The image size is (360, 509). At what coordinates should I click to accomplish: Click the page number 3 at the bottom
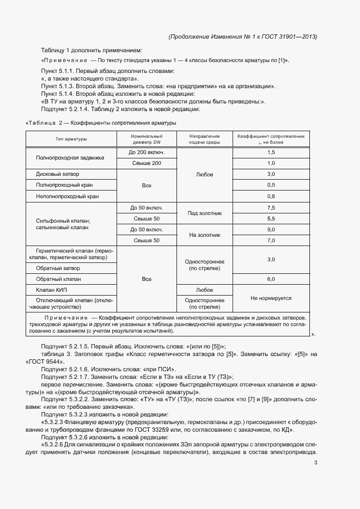pyautogui.click(x=315, y=463)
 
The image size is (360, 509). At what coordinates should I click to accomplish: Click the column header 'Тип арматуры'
pyautogui.click(x=71, y=139)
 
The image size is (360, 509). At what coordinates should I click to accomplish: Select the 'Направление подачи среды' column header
pyautogui.click(x=204, y=139)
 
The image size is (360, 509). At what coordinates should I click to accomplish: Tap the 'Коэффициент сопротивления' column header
pyautogui.click(x=271, y=139)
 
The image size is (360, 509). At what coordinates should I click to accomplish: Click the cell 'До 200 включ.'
pyautogui.click(x=147, y=152)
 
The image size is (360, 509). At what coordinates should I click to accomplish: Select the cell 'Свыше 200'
pyautogui.click(x=147, y=163)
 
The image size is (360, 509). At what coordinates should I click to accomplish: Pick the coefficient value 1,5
pyautogui.click(x=271, y=152)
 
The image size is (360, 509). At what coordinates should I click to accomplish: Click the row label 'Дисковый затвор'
pyautogui.click(x=58, y=175)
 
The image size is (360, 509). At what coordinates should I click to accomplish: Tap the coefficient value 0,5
pyautogui.click(x=271, y=185)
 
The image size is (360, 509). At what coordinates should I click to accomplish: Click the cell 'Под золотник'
pyautogui.click(x=204, y=213)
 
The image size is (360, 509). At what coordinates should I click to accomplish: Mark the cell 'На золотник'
pyautogui.click(x=204, y=235)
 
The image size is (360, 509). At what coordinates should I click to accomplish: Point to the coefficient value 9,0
pyautogui.click(x=271, y=229)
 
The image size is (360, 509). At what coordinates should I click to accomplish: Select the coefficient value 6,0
pyautogui.click(x=271, y=279)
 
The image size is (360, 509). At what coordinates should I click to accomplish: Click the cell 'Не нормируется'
pyautogui.click(x=271, y=298)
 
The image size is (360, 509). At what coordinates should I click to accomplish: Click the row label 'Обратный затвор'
pyautogui.click(x=58, y=268)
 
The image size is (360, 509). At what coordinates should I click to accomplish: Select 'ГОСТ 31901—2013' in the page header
pyautogui.click(x=290, y=36)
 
